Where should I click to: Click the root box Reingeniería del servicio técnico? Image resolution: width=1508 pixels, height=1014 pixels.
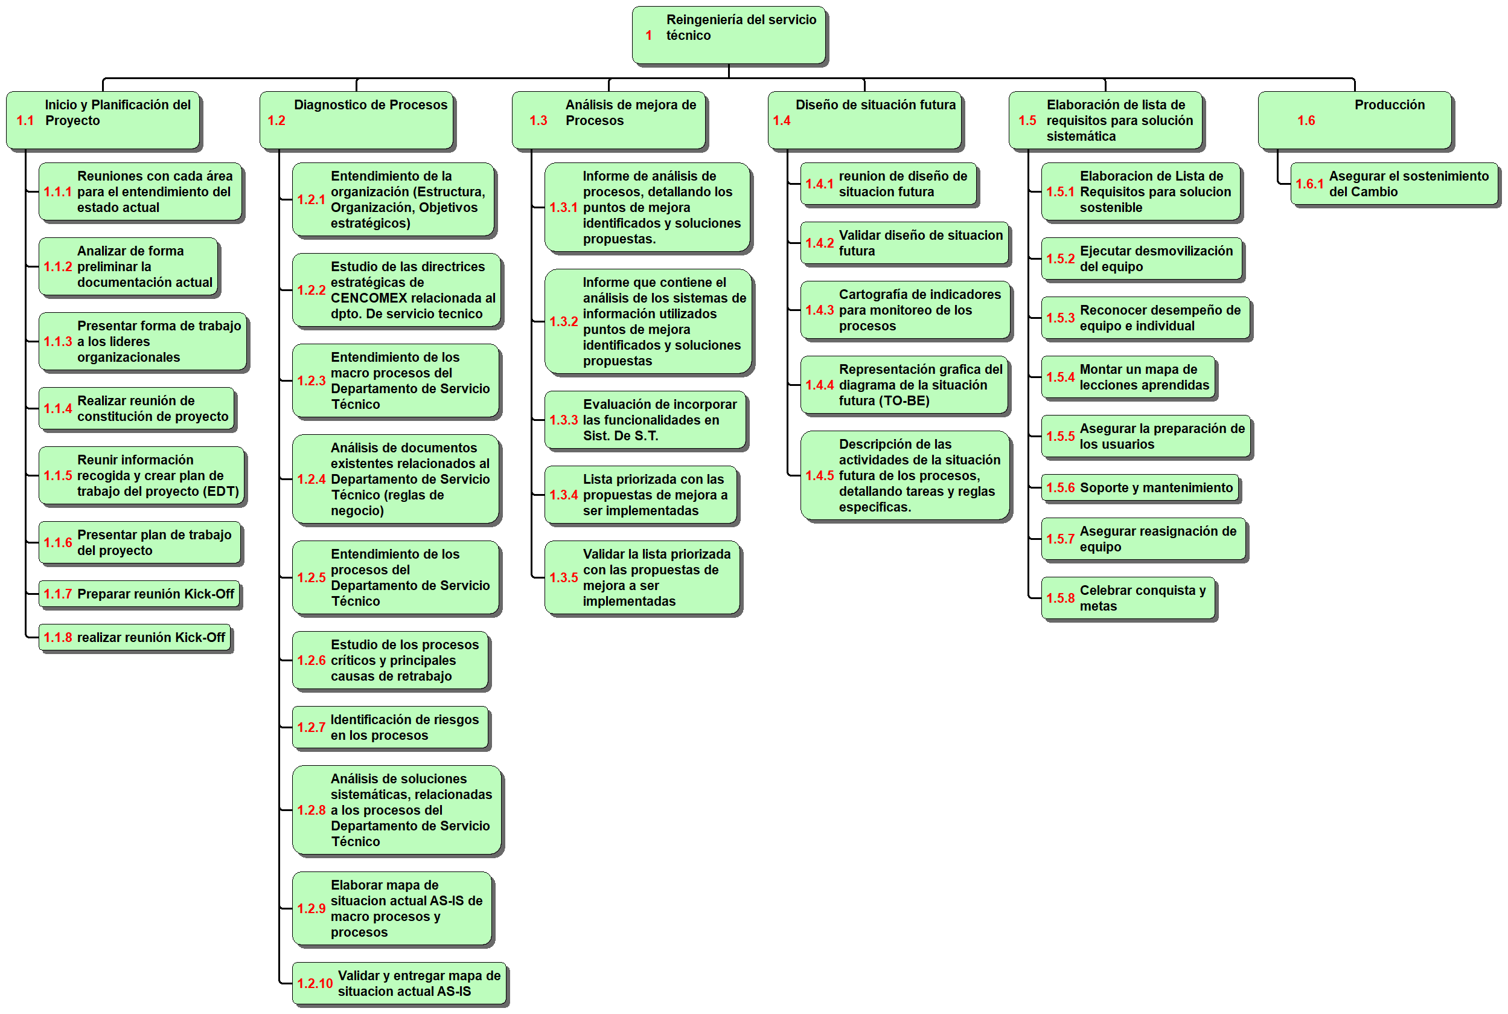point(729,35)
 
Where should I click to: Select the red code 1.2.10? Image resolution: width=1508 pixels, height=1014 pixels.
point(315,983)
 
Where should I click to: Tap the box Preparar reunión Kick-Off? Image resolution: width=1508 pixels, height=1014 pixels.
point(139,594)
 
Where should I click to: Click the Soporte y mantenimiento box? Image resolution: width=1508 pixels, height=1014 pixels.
point(1140,487)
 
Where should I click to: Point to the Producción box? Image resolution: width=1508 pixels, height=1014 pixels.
point(1355,120)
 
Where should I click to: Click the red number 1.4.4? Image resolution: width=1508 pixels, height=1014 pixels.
point(819,385)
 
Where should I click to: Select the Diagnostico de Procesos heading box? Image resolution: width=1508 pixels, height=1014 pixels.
point(356,120)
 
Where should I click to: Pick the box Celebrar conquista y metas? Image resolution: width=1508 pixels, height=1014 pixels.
point(1128,598)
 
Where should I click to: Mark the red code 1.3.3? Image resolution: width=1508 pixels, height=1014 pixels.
point(564,420)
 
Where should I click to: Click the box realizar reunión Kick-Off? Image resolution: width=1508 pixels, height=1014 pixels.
point(135,637)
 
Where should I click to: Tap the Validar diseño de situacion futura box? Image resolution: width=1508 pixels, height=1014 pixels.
point(904,243)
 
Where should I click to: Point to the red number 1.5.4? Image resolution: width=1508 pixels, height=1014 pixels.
point(1060,377)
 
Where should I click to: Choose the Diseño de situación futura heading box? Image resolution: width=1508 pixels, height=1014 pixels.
point(864,120)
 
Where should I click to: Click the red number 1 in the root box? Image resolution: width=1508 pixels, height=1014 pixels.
point(648,36)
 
